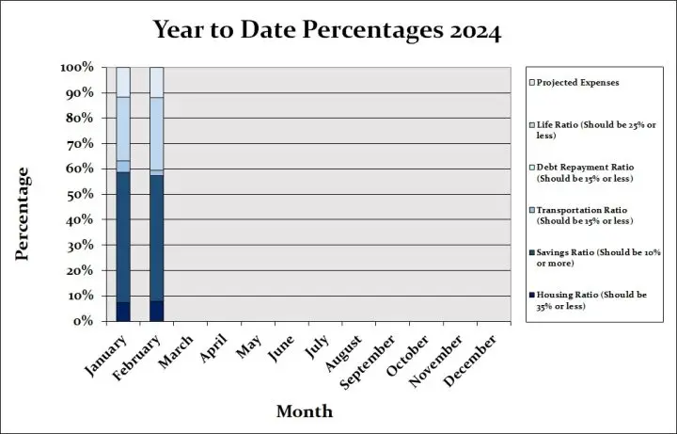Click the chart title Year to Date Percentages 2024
pyautogui.click(x=327, y=30)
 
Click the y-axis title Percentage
pyautogui.click(x=24, y=214)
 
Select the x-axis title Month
pyautogui.click(x=304, y=411)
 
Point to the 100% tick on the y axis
pyautogui.click(x=76, y=68)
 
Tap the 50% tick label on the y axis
pyautogui.click(x=80, y=194)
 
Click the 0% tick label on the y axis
pyautogui.click(x=84, y=321)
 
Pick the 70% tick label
pyautogui.click(x=80, y=144)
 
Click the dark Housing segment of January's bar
pyautogui.click(x=123, y=312)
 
